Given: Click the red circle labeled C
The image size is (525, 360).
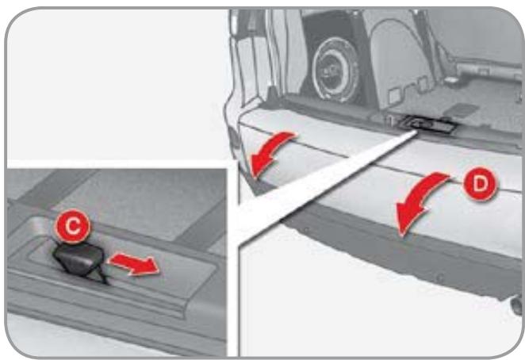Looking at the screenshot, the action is pyautogui.click(x=73, y=226).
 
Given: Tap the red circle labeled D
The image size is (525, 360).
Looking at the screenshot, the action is pyautogui.click(x=481, y=184).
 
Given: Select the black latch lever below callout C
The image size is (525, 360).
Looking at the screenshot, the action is pyautogui.click(x=79, y=259).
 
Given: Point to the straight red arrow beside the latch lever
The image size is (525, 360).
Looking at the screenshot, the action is pyautogui.click(x=134, y=264).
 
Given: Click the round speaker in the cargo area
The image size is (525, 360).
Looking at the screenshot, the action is pyautogui.click(x=335, y=70).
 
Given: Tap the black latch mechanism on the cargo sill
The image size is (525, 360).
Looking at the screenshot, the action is pyautogui.click(x=427, y=124).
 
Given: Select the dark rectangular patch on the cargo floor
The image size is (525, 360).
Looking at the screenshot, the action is pyautogui.click(x=462, y=110).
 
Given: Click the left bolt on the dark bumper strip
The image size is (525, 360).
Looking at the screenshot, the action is pyautogui.click(x=306, y=230).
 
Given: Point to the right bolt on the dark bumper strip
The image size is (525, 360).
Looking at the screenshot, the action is pyautogui.click(x=441, y=278).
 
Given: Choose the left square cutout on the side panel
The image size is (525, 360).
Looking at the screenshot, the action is pyautogui.click(x=395, y=95).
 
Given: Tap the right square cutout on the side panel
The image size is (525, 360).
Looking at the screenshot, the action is pyautogui.click(x=423, y=84).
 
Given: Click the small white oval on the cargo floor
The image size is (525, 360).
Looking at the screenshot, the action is pyautogui.click(x=452, y=80).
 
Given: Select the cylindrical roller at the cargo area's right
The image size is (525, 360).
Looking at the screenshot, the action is pyautogui.click(x=489, y=71).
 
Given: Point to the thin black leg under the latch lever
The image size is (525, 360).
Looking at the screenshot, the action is pyautogui.click(x=102, y=275).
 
